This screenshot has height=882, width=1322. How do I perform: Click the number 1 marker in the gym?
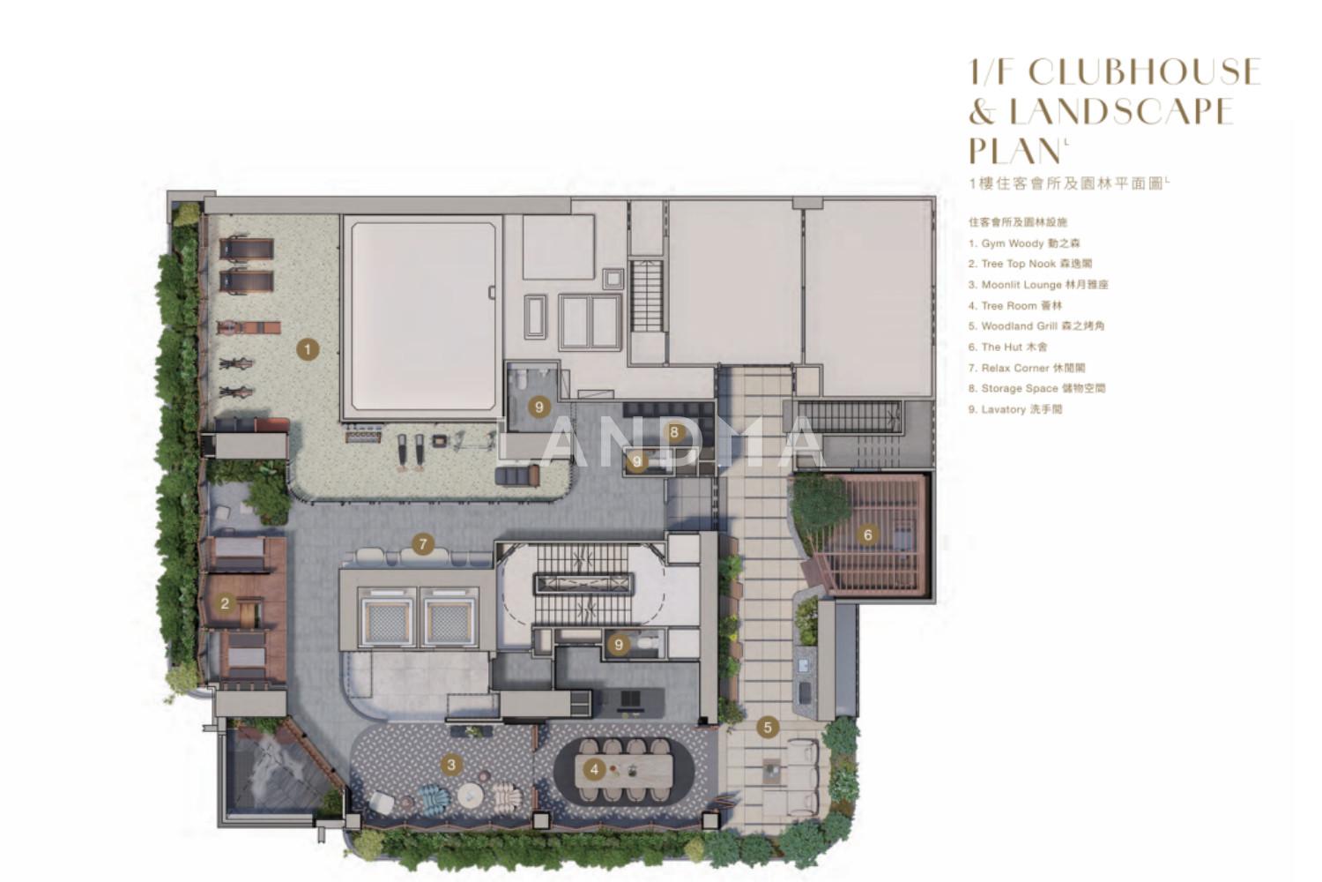point(308,350)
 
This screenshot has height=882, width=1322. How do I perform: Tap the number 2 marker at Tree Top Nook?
point(225,604)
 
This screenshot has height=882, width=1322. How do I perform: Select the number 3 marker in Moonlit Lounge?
point(451,765)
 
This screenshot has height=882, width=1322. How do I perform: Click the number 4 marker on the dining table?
point(594,770)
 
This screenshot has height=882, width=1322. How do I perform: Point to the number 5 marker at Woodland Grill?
point(768,728)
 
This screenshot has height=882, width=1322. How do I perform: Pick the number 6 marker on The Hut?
point(867,535)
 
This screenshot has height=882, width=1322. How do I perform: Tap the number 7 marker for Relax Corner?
point(422,544)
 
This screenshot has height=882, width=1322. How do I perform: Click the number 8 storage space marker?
point(674,432)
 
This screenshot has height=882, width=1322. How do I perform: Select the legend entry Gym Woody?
point(1024,243)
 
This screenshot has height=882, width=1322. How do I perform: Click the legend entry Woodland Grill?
point(1036,326)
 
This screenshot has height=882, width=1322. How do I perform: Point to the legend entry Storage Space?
point(1037,388)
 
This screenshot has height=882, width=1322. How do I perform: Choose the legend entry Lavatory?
point(1015,408)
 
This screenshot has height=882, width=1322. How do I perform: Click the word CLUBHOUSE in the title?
point(1145,71)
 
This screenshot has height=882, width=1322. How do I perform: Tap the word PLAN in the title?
point(1015,151)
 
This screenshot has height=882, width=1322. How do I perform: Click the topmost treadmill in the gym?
point(247,248)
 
